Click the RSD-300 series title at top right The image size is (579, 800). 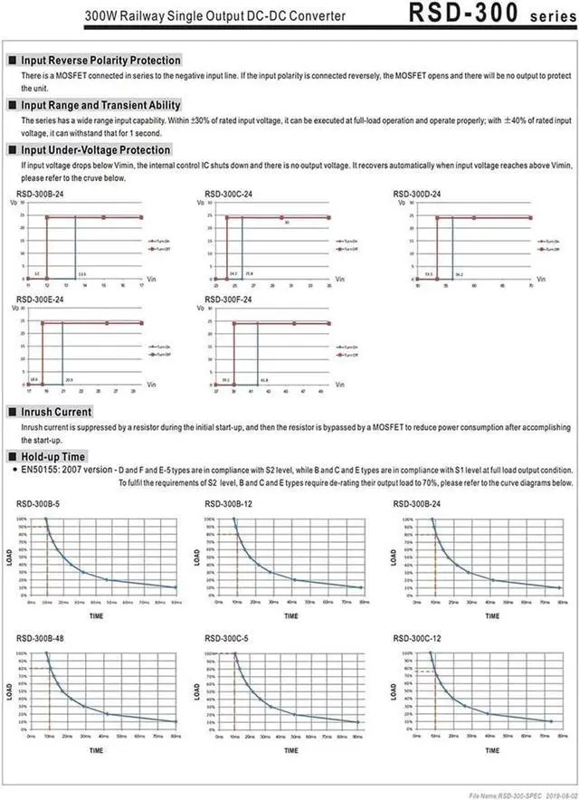[x=489, y=14]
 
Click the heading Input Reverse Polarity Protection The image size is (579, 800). [x=100, y=60]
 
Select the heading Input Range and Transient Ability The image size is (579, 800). [x=100, y=105]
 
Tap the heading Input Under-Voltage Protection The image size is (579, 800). [x=95, y=150]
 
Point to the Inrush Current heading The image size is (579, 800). [x=56, y=412]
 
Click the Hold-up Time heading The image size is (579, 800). [x=54, y=457]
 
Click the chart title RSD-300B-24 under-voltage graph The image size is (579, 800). [x=40, y=195]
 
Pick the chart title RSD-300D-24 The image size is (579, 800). [x=417, y=195]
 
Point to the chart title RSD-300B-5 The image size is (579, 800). [x=38, y=504]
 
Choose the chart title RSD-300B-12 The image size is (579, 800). [x=229, y=504]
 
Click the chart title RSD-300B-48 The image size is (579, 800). [x=40, y=638]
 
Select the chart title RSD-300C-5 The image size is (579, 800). [x=227, y=638]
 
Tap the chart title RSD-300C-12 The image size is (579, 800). [x=418, y=638]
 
